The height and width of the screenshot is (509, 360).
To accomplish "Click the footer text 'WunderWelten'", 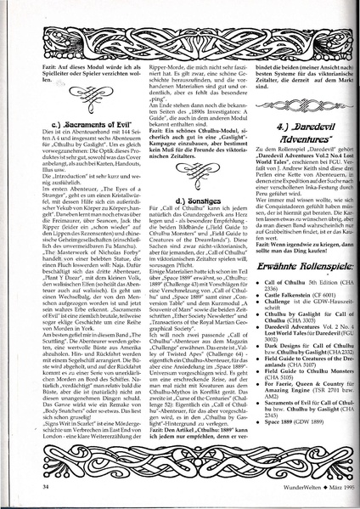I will pos(285,487).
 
